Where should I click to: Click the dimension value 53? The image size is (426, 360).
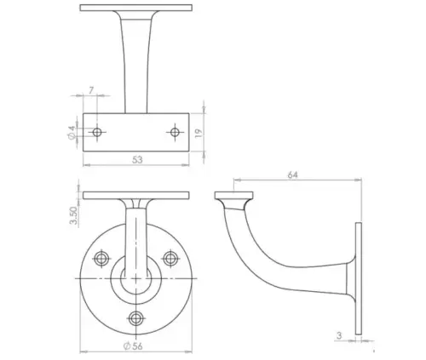136,158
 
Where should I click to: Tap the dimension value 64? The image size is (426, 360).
292,174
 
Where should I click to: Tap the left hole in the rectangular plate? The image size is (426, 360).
97,133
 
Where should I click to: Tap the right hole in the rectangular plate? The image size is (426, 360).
175,132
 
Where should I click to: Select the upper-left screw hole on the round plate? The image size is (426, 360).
101,257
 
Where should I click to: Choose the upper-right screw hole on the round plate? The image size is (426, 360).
170,257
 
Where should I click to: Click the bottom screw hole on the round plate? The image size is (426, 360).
136,317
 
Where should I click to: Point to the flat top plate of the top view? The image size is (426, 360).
136,8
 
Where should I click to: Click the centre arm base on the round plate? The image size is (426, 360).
136,277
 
